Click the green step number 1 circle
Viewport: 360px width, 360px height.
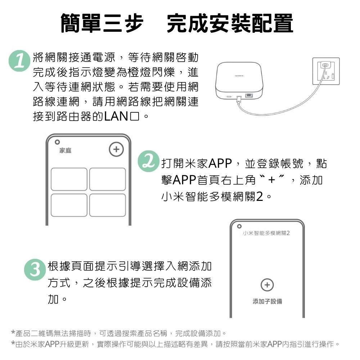[x=18, y=60]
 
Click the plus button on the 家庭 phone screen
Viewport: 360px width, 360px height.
[x=116, y=149]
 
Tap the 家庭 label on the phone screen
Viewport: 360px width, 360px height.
[x=65, y=150]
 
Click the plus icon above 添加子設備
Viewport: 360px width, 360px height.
[x=267, y=285]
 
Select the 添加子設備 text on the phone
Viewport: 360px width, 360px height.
[x=267, y=301]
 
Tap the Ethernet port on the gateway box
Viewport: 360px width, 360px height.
[x=249, y=96]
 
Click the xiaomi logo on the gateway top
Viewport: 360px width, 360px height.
[x=239, y=76]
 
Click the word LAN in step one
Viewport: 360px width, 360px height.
[x=114, y=117]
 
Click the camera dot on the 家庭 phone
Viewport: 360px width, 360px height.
[x=57, y=141]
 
